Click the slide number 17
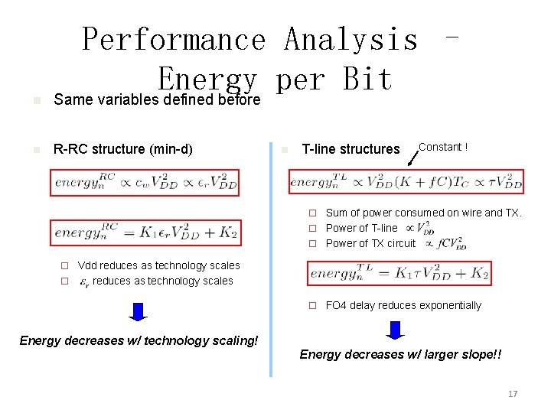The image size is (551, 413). [x=513, y=393]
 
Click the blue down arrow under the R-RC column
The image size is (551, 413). [x=139, y=311]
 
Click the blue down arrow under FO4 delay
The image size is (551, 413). [x=395, y=330]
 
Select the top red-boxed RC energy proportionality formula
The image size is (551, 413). [x=145, y=183]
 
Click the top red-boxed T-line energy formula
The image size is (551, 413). [x=406, y=181]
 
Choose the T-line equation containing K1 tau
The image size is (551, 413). [x=399, y=273]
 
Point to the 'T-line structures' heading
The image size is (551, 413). [x=350, y=149]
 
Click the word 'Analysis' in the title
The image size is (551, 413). [x=350, y=39]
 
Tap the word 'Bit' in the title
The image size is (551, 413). [x=367, y=79]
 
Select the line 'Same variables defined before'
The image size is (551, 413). [x=157, y=99]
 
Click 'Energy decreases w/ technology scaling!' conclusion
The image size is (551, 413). [x=139, y=340]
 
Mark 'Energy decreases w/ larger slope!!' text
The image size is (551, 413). [x=401, y=354]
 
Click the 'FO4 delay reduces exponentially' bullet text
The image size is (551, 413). [x=403, y=305]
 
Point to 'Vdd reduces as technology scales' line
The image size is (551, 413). [x=158, y=265]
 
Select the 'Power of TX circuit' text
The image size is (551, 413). [x=370, y=243]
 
